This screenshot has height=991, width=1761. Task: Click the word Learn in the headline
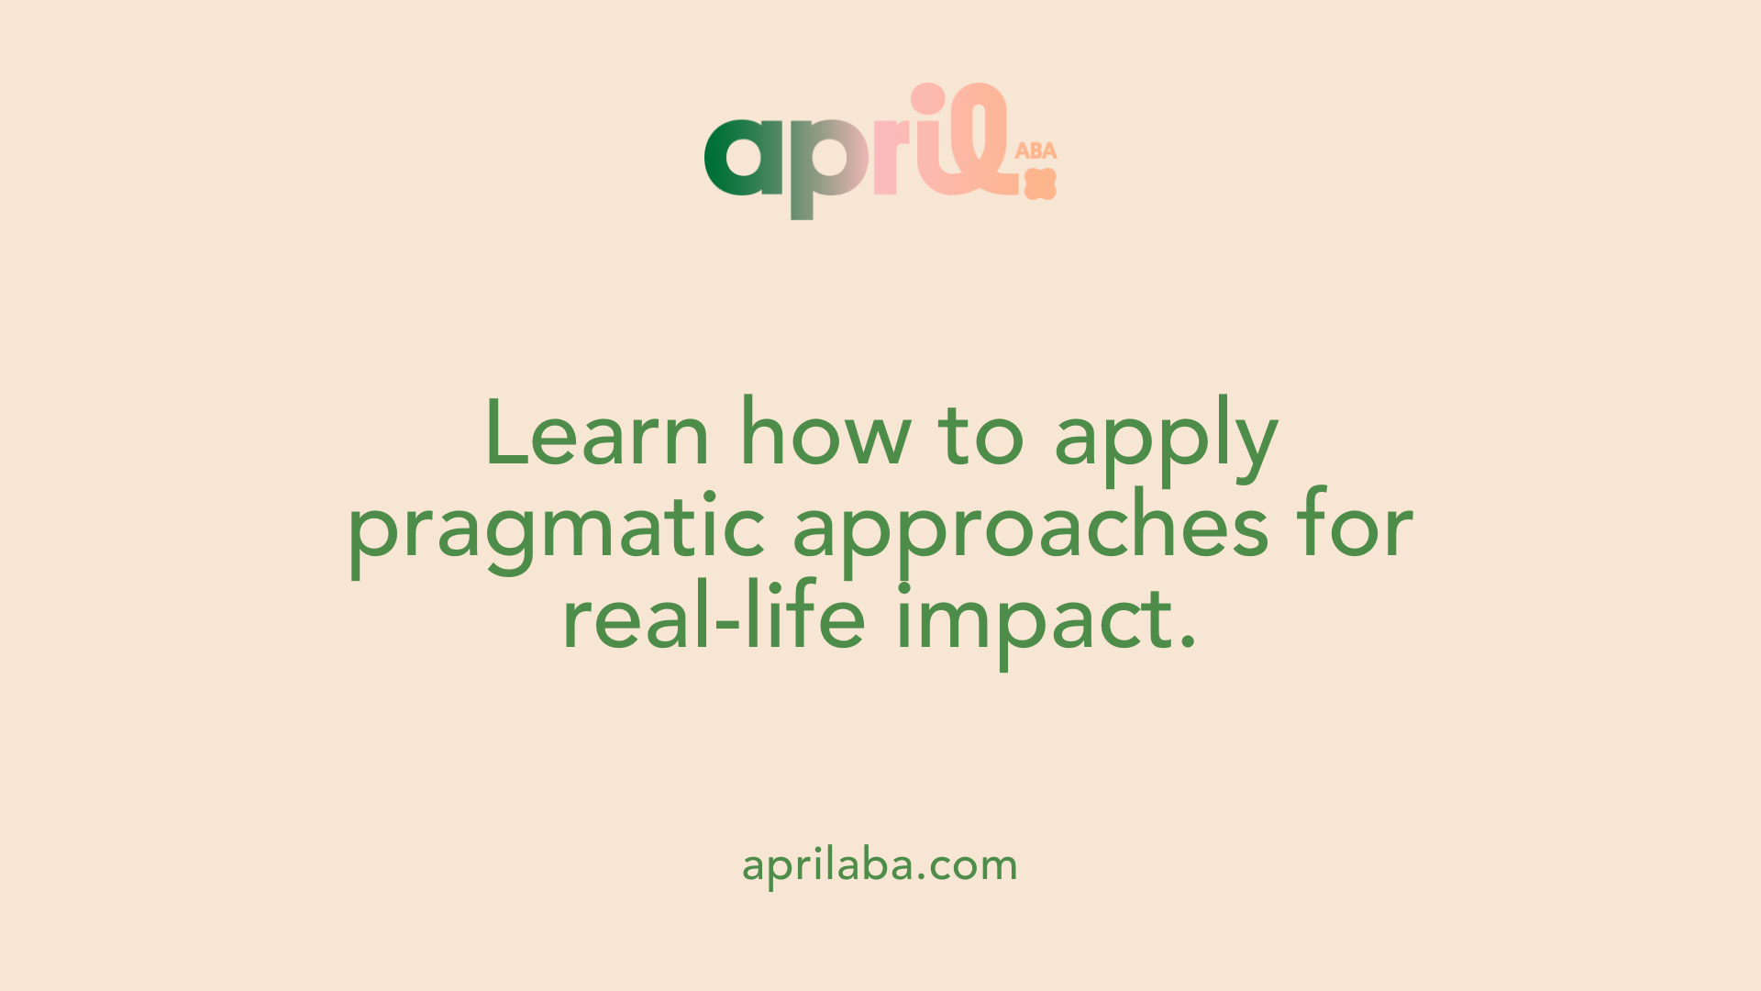[597, 431]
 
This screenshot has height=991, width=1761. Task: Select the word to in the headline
[980, 435]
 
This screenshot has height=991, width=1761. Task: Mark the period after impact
[1188, 642]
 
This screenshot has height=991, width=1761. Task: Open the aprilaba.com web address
[880, 865]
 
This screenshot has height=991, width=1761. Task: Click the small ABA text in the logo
[1036, 150]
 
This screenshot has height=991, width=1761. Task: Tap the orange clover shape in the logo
[1041, 184]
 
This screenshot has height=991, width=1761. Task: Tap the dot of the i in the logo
[927, 97]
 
